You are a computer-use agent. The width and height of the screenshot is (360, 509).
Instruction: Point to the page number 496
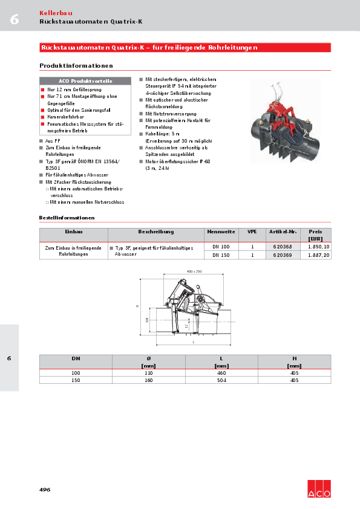point(45,489)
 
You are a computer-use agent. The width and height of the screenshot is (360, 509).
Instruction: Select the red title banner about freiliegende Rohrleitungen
point(185,47)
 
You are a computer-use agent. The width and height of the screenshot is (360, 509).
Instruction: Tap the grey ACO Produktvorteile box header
point(85,81)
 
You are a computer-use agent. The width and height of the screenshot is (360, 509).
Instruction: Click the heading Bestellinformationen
point(67,217)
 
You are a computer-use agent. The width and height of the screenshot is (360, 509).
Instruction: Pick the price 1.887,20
point(318,255)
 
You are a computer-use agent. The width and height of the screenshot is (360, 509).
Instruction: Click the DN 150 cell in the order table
point(221,255)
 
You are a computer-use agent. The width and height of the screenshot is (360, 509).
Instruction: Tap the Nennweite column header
point(221,232)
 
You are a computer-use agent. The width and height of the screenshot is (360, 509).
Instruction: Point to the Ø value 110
point(148,374)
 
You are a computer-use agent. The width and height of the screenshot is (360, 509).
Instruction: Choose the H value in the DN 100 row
point(294,374)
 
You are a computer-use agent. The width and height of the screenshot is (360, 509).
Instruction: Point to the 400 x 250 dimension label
point(194,271)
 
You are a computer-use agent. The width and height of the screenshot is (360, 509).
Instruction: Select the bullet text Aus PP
point(53,140)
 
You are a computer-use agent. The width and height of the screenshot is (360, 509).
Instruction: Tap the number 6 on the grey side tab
point(9,358)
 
